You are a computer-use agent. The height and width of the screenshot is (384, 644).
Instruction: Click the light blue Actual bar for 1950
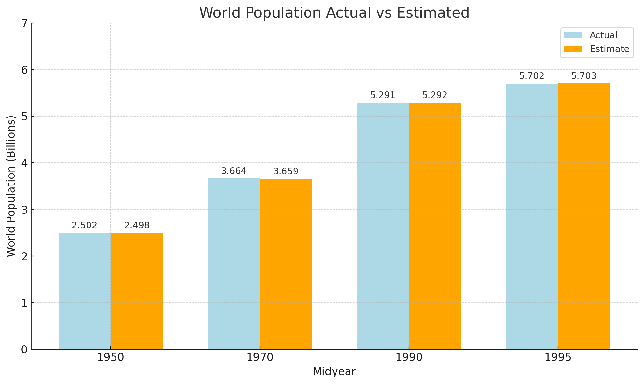(85, 291)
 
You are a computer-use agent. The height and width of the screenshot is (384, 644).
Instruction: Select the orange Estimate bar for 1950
(137, 291)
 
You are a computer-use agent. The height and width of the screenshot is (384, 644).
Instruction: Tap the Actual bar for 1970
(234, 264)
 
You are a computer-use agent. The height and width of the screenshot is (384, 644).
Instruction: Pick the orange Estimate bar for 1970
(286, 264)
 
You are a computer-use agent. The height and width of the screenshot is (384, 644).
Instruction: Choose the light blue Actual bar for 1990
(383, 226)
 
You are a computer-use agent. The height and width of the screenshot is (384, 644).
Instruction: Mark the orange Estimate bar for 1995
(584, 216)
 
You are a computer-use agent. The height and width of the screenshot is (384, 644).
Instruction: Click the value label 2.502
(85, 226)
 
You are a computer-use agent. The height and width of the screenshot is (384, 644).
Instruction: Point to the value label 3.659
(286, 171)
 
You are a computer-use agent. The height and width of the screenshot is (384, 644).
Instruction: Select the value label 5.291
(383, 95)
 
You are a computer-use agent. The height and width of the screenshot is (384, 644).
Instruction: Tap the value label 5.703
(584, 76)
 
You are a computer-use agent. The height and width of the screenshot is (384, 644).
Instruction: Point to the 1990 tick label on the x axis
(409, 358)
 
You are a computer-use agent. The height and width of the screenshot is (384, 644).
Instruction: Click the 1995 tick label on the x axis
(558, 358)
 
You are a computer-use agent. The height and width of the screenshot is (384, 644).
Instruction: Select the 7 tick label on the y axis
(23, 23)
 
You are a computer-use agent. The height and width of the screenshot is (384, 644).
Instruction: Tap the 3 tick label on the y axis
(23, 210)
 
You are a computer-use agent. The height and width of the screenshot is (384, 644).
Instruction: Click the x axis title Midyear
(334, 372)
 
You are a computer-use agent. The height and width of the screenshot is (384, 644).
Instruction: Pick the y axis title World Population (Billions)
(11, 186)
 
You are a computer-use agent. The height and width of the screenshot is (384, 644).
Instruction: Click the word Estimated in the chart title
(433, 13)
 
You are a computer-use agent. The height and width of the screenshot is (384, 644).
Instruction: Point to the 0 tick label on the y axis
(23, 350)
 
